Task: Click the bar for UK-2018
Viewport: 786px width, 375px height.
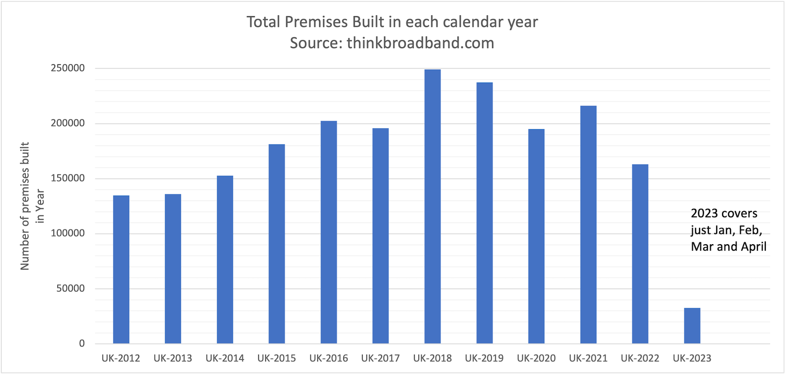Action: tap(432, 206)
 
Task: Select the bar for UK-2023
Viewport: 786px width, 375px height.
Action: tap(692, 326)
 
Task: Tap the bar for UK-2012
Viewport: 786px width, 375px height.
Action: tap(121, 269)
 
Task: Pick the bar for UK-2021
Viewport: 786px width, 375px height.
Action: tap(588, 225)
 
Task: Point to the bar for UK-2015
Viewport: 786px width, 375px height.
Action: tap(277, 244)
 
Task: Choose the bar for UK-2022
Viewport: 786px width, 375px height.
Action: tap(640, 254)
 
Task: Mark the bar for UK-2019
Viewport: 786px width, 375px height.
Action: tap(484, 213)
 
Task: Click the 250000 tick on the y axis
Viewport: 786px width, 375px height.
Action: tap(68, 68)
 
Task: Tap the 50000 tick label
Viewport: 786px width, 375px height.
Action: tap(71, 288)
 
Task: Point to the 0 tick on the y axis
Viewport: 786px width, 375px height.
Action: tap(82, 344)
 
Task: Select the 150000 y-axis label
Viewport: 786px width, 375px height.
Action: tap(68, 178)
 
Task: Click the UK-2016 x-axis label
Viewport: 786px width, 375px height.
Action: tap(329, 358)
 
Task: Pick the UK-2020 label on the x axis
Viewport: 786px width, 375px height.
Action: tap(536, 358)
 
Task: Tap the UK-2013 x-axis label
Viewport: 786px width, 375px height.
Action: tap(172, 358)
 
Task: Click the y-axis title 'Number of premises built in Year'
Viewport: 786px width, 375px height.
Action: tap(32, 206)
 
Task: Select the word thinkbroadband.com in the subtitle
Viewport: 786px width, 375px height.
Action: tap(421, 43)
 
